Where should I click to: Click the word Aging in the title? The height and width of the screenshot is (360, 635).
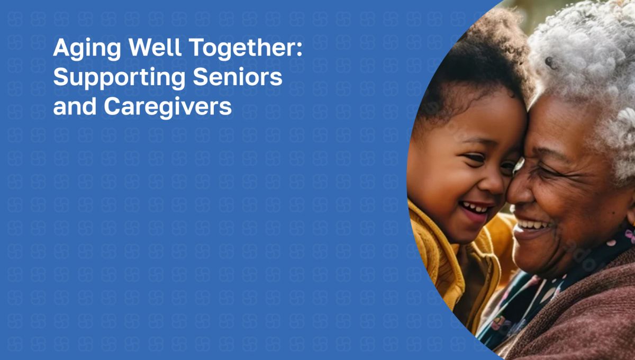[x=87, y=48]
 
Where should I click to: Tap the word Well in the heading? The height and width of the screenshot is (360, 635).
[x=155, y=47]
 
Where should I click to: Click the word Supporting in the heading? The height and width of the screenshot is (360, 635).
[x=120, y=78]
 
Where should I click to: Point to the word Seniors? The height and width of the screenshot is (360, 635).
[x=238, y=77]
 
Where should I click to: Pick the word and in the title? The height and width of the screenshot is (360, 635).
[x=75, y=106]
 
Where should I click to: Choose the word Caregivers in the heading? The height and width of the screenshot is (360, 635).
[x=168, y=107]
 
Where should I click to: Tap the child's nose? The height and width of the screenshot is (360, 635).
[x=495, y=184]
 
